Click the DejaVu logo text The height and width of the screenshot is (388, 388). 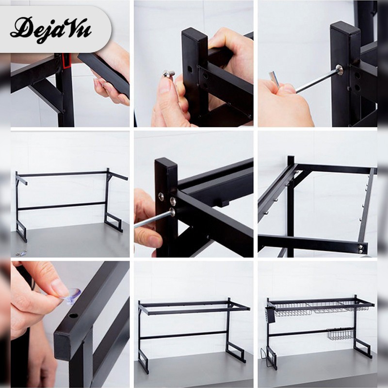pyautogui.click(x=51, y=30)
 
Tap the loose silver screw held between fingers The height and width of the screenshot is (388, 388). pyautogui.click(x=169, y=73)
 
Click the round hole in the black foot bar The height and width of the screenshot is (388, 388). pyautogui.click(x=73, y=316)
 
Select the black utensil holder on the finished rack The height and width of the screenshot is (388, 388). pyautogui.click(x=270, y=315)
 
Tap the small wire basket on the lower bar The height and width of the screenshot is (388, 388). pyautogui.click(x=340, y=334)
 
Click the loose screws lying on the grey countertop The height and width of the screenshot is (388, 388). pyautogui.click(x=21, y=253)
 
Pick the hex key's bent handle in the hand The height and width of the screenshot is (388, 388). pyautogui.click(x=274, y=80)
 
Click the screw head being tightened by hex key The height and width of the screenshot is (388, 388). pyautogui.click(x=339, y=69)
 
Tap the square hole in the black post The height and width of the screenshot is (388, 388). pyautogui.click(x=190, y=68)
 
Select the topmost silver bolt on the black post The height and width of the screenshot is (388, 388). pyautogui.click(x=161, y=196)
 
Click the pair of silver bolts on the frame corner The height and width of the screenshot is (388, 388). pyautogui.click(x=361, y=249)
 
